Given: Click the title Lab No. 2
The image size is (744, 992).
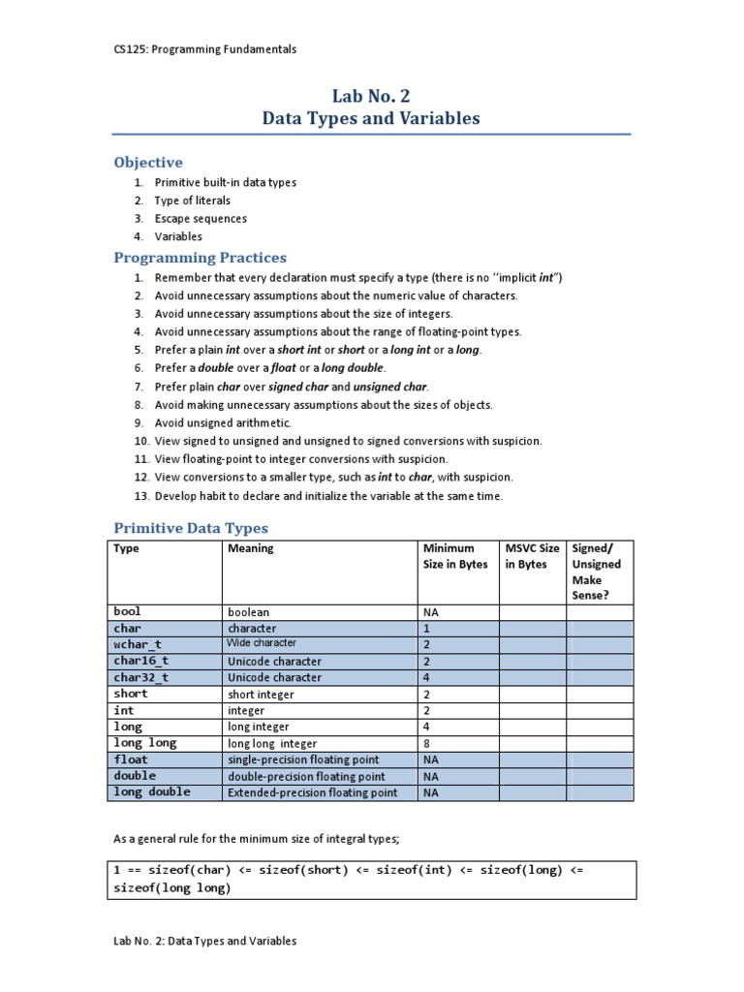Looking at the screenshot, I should point(371,95).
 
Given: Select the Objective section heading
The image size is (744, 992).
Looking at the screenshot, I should point(148,162).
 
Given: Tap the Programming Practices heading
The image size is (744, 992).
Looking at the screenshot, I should point(201,258).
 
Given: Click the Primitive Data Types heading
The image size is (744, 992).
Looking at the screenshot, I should point(191,528).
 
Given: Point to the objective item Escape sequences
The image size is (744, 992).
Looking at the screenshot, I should point(201,219).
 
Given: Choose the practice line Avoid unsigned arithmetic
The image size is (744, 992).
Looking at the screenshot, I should point(223,423).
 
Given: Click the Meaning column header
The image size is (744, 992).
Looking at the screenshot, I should point(251,548).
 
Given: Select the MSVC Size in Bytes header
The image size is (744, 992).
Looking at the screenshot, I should point(532,556).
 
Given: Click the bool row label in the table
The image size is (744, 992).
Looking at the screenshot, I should point(128,612).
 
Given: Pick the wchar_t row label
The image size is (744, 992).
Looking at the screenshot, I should point(138,644).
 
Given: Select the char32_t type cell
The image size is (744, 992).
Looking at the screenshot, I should point(141,678).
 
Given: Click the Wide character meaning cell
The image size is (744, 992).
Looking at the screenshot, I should point(262,643).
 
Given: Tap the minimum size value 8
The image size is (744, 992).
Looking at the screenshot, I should point(427,743).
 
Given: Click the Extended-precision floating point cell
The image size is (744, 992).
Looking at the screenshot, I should point(312,792).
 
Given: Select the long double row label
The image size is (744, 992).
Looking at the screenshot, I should point(152,792).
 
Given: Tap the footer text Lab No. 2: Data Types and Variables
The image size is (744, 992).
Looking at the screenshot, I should point(205,941).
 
